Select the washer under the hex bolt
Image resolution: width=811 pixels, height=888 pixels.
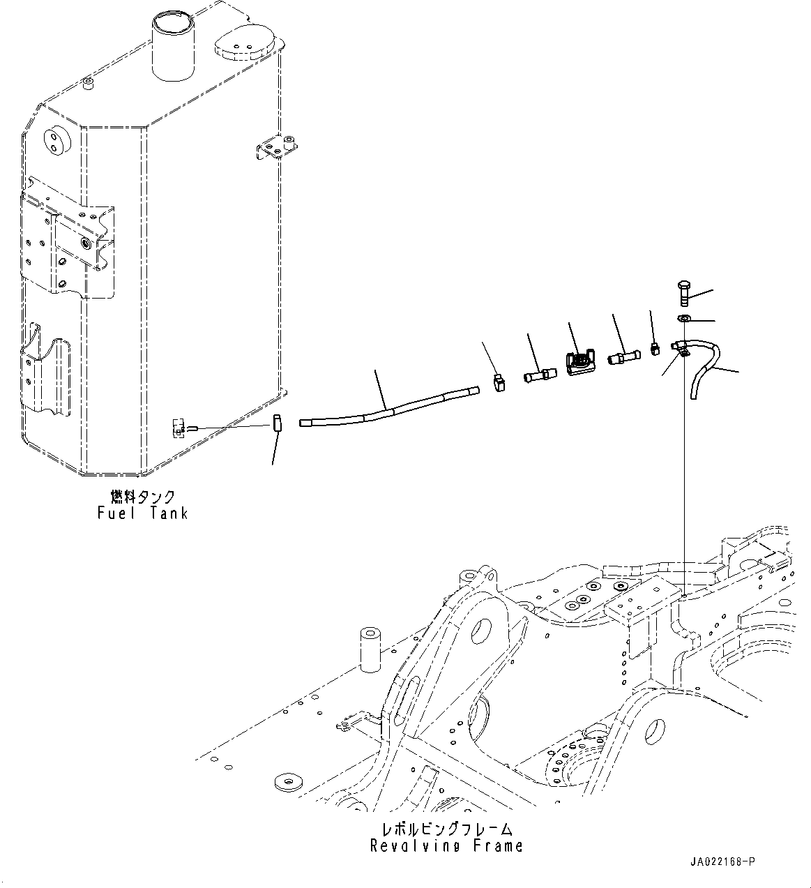click(x=684, y=319)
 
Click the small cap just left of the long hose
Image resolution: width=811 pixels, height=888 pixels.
click(x=277, y=423)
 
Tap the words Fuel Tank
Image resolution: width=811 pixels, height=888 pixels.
click(x=143, y=513)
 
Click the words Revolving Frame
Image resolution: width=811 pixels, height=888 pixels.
click(x=446, y=846)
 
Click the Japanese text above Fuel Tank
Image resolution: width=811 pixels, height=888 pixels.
click(x=143, y=497)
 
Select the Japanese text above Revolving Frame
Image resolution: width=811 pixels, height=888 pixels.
click(x=446, y=829)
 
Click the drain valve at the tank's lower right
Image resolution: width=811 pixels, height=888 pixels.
click(x=179, y=428)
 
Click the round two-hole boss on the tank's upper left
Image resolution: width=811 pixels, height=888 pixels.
click(x=54, y=139)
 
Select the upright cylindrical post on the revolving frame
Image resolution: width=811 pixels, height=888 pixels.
click(x=369, y=648)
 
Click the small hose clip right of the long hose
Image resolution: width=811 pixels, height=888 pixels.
click(x=499, y=382)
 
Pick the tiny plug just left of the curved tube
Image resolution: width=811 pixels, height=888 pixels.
click(x=655, y=348)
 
